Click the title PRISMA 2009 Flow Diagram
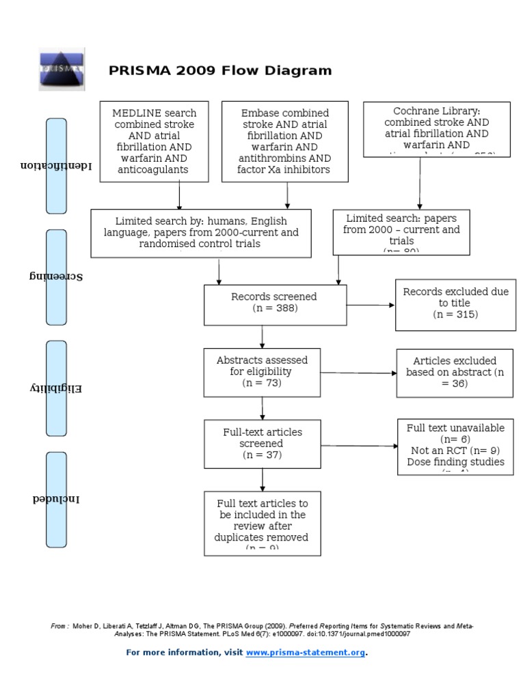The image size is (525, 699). (x=220, y=70)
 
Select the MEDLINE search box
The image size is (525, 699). (x=154, y=141)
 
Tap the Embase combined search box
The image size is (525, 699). (x=285, y=141)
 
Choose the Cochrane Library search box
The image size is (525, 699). (x=436, y=129)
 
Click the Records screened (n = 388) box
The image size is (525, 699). (x=262, y=304)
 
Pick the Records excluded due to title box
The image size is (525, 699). (x=455, y=304)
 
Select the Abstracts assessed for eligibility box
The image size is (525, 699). (x=262, y=372)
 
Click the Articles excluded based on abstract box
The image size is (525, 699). (x=455, y=372)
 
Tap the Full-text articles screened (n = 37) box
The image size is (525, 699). (x=262, y=444)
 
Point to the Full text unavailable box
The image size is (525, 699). (x=455, y=447)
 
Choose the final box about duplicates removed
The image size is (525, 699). (x=262, y=523)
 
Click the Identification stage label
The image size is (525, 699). (x=56, y=166)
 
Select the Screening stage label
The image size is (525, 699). (x=56, y=276)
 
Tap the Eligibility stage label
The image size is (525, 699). (x=56, y=388)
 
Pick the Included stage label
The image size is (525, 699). (x=56, y=499)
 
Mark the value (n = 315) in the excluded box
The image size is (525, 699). (x=455, y=315)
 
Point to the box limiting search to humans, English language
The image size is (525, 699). (x=201, y=233)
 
